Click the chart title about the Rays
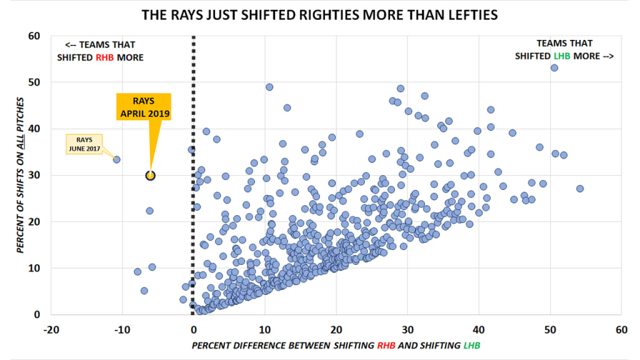point(319,14)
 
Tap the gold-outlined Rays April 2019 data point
point(150,176)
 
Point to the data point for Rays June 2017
point(116,159)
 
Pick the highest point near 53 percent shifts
point(554,67)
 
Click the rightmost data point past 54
point(580,189)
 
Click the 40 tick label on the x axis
point(479,329)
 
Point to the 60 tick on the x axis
point(621,329)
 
